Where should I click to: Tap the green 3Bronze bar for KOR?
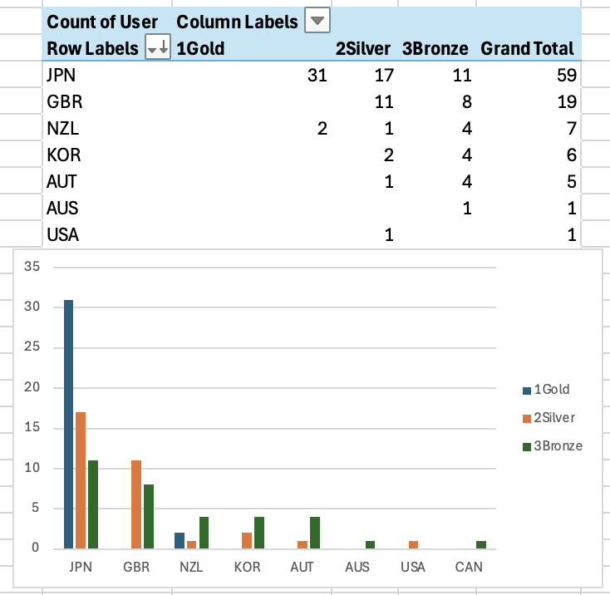click(259, 533)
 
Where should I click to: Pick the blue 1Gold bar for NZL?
click(180, 540)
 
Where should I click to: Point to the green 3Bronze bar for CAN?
click(481, 544)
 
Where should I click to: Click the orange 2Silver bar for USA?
click(413, 544)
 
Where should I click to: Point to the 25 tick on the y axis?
click(33, 347)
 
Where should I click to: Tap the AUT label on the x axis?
click(303, 568)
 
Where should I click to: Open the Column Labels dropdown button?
click(317, 21)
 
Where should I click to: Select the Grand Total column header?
click(527, 48)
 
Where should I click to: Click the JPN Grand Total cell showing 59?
click(567, 76)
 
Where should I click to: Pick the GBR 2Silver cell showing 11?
click(383, 102)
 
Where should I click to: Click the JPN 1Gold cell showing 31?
click(317, 76)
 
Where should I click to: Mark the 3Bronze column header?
click(435, 48)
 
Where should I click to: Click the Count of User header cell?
click(102, 21)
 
